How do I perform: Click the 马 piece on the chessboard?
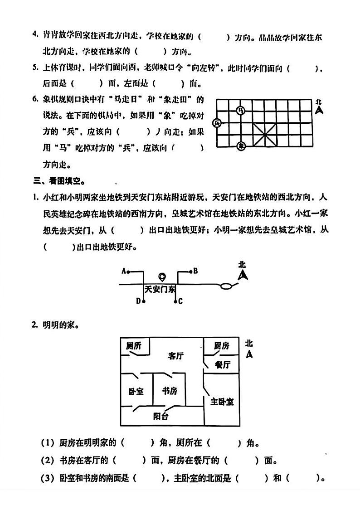tap(241, 110)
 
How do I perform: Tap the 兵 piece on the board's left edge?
tap(217, 123)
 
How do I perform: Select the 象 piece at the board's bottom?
tap(241, 145)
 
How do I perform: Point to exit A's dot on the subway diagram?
tap(128, 272)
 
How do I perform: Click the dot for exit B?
tap(190, 271)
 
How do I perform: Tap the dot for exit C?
tap(176, 301)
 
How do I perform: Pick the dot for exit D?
tap(144, 301)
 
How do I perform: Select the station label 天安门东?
tap(160, 290)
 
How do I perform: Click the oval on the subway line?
tap(228, 286)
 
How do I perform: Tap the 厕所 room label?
tap(134, 346)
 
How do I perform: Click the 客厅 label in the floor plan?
tap(175, 356)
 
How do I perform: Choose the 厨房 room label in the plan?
tap(221, 346)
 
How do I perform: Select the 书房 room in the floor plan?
tap(169, 390)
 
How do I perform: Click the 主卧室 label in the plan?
tap(222, 401)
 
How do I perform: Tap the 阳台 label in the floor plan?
tap(161, 416)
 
